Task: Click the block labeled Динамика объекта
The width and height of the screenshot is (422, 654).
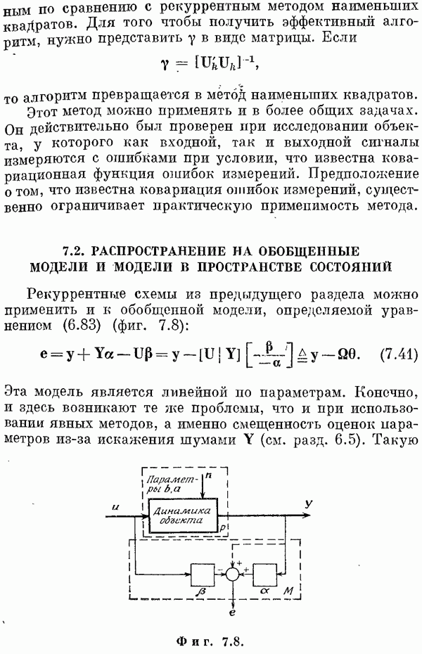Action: (183, 515)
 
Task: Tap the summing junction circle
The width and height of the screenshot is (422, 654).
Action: (233, 575)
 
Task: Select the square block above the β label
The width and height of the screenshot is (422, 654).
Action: (203, 575)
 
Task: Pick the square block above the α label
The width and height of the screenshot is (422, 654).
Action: (264, 575)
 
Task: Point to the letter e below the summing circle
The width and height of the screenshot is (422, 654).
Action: (232, 613)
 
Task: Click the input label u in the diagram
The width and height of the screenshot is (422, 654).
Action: (115, 508)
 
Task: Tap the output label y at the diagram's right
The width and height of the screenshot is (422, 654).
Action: (309, 504)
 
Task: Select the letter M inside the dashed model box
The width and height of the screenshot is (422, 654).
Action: (288, 591)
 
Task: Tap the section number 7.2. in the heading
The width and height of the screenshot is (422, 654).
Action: (74, 251)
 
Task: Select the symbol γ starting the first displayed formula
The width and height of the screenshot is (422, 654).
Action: (165, 65)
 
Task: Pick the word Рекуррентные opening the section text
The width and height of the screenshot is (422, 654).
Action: (76, 295)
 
